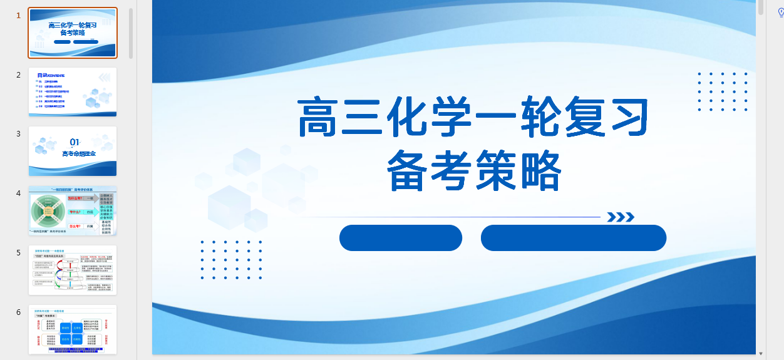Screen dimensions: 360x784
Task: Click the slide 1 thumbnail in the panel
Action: [x=73, y=33]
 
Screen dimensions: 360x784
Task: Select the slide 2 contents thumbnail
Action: [x=73, y=92]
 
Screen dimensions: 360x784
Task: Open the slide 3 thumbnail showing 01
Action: [x=73, y=151]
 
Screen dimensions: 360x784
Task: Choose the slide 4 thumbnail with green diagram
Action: [x=73, y=210]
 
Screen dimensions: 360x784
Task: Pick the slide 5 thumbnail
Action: [x=73, y=270]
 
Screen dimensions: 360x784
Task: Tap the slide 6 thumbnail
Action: [x=73, y=329]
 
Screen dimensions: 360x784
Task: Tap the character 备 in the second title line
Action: [x=411, y=170]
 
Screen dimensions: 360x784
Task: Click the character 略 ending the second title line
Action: [x=538, y=170]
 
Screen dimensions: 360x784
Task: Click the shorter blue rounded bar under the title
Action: [x=401, y=238]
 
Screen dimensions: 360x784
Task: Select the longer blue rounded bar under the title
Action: [x=573, y=238]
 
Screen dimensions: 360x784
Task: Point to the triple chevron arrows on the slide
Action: [x=621, y=217]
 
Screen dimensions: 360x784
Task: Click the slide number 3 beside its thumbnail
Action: [x=19, y=134]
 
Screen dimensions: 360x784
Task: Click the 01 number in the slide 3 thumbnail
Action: [x=75, y=142]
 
